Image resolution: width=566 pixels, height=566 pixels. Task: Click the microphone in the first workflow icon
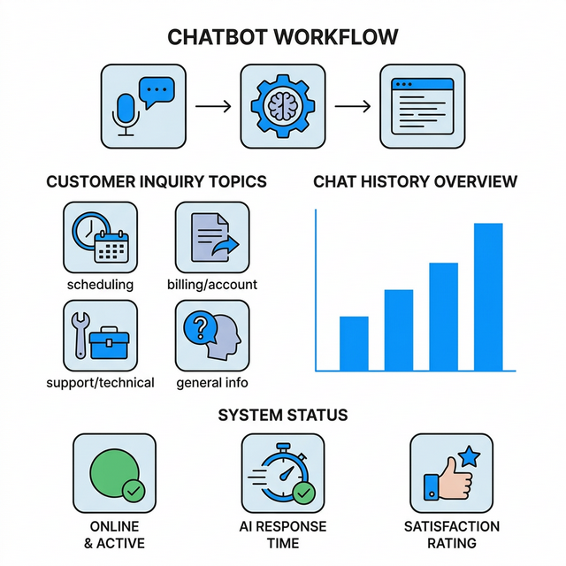pos(125,112)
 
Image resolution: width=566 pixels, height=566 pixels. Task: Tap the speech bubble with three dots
pos(156,91)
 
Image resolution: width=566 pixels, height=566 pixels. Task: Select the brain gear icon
pos(283,106)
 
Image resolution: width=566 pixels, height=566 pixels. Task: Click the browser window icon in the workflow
pos(422,106)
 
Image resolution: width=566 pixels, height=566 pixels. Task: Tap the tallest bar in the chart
pos(488,296)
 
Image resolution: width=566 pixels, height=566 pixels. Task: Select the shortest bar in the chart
pos(354,343)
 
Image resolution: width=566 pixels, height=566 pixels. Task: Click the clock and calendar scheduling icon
pos(100,237)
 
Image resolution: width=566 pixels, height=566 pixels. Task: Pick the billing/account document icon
pos(211,237)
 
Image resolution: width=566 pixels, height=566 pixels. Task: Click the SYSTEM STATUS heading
pos(282,415)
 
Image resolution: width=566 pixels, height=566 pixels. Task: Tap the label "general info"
pos(212,383)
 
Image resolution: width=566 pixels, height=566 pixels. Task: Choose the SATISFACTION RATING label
pos(452,534)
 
